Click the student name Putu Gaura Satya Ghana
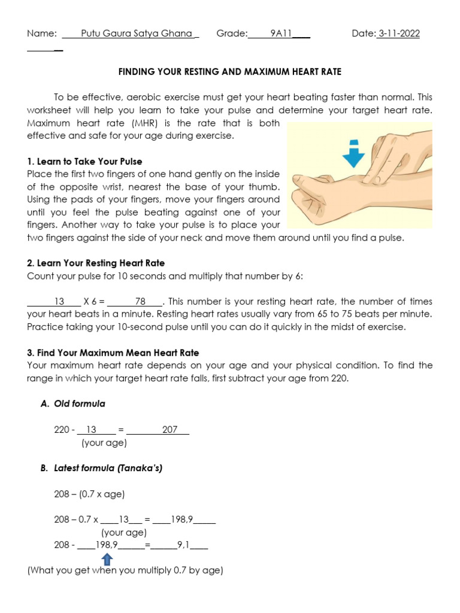coord(136,34)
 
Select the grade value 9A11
coord(280,34)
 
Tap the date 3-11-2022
coord(398,34)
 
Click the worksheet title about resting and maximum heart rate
coord(230,72)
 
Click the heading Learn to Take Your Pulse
coord(84,162)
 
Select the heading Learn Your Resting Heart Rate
coord(96,263)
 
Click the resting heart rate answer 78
coord(141,302)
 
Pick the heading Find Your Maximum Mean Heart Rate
coord(113,353)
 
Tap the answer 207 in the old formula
coord(170,430)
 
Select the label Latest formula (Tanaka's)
coord(101,468)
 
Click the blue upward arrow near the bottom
coord(107,559)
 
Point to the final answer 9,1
coord(183,545)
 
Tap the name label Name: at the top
coord(41,34)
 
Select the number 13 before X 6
coord(59,302)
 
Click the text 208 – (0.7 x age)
coord(89,494)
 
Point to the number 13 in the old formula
coord(91,430)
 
